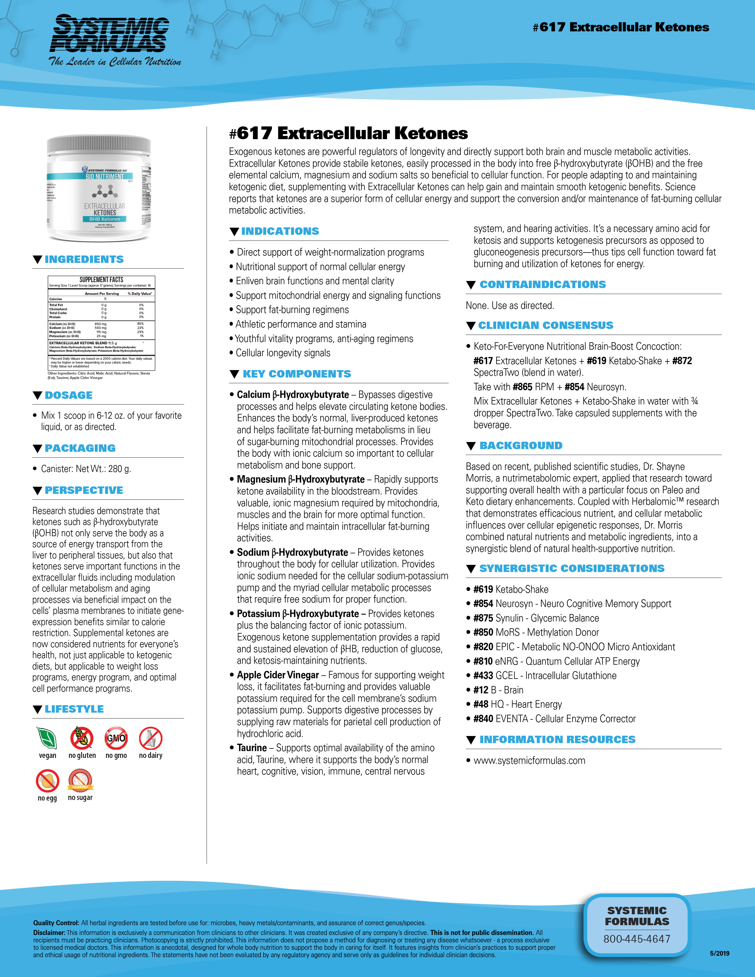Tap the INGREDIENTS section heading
pyautogui.click(x=84, y=259)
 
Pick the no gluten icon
pyautogui.click(x=82, y=738)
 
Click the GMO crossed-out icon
pyautogui.click(x=116, y=738)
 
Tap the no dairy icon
pyautogui.click(x=150, y=738)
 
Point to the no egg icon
pyautogui.click(x=47, y=781)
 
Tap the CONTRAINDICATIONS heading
pyautogui.click(x=542, y=285)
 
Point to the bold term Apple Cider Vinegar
pyautogui.click(x=278, y=675)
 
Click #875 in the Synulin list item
pyautogui.click(x=483, y=618)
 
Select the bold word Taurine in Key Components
pyautogui.click(x=252, y=748)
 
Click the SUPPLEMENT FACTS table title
pyautogui.click(x=102, y=279)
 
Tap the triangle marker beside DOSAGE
pyautogui.click(x=38, y=396)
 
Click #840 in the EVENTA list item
pyautogui.click(x=483, y=719)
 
